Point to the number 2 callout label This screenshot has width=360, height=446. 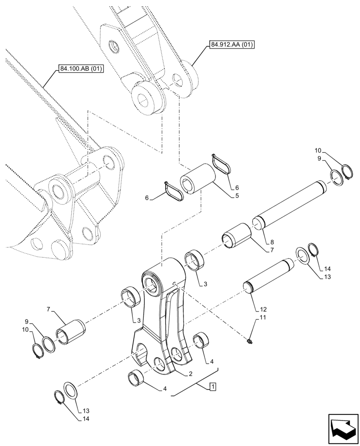pyautogui.click(x=190, y=373)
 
